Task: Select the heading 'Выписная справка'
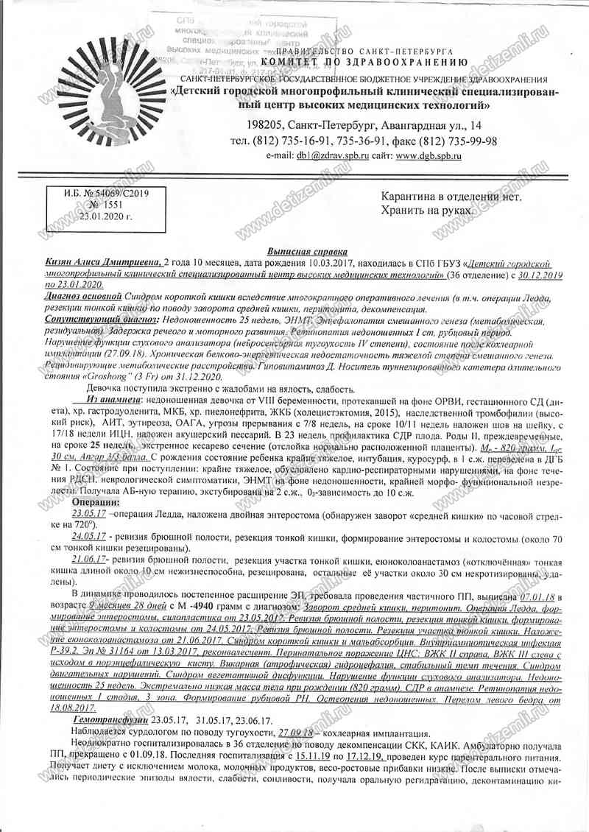point(299,251)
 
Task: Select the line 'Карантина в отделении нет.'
point(451,197)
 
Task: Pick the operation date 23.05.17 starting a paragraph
point(89,512)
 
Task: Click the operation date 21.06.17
point(90,560)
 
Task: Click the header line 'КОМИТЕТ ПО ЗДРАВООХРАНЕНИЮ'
point(362,64)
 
